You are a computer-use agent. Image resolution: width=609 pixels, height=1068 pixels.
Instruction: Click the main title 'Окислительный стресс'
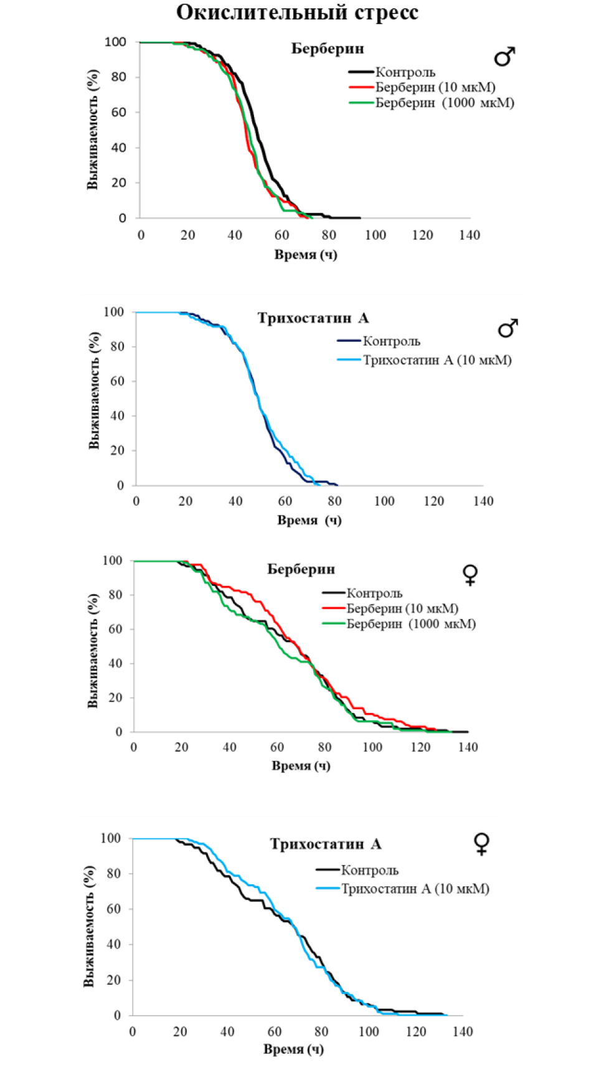point(297,12)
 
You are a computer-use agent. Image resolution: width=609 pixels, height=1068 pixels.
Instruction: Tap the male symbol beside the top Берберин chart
point(504,57)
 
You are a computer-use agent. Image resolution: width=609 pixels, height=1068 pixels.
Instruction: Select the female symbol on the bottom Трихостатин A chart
point(481,844)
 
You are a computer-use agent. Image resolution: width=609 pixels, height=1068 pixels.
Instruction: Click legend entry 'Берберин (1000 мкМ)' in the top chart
point(445,103)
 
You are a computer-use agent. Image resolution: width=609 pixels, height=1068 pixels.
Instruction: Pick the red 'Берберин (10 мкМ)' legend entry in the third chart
point(402,608)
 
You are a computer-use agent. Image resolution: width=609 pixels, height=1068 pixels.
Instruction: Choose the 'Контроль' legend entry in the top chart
point(405,72)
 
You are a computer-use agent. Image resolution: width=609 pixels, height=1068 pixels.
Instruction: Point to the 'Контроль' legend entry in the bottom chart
point(369,870)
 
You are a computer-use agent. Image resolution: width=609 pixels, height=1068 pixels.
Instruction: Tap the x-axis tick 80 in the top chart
point(329,235)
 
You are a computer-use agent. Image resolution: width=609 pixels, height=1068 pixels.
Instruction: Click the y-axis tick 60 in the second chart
point(117,381)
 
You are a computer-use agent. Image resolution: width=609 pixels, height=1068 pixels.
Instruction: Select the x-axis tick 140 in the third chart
point(468,747)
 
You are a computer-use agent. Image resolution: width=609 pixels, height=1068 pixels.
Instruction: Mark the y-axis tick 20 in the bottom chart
point(114,980)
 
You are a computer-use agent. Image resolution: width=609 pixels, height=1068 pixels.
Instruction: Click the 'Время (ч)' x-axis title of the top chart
point(306,254)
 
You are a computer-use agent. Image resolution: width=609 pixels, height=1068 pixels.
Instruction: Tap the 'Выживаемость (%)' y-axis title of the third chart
point(93,650)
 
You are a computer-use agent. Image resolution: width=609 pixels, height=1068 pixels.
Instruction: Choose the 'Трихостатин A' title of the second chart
point(313,318)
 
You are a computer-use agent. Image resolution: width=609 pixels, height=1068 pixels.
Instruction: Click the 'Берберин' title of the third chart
point(301,569)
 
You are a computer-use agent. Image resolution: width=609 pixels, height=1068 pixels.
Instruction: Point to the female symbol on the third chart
point(470,574)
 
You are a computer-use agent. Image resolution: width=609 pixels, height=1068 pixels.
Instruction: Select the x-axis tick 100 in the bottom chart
point(369,1031)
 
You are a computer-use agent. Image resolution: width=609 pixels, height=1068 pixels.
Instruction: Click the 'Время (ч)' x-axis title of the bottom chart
point(293,1049)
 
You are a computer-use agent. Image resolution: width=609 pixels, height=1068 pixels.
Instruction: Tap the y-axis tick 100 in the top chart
point(115,42)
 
